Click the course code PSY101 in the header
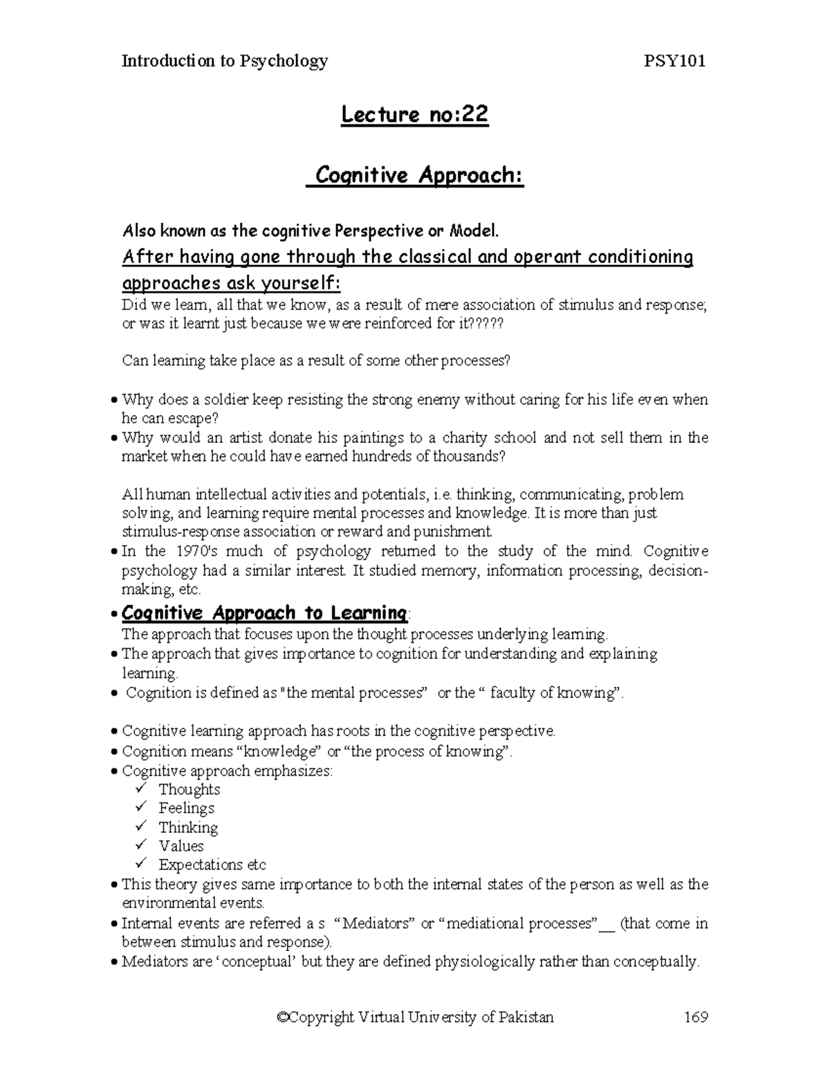click(x=674, y=61)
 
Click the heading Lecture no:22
click(x=415, y=115)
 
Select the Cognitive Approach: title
click(x=415, y=176)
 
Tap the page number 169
click(x=696, y=1017)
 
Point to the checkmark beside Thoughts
click(x=141, y=788)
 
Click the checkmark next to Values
click(x=141, y=845)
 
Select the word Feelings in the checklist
click(x=186, y=808)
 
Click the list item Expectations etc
click(x=212, y=865)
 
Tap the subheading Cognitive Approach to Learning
click(x=264, y=613)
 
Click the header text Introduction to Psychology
click(x=225, y=61)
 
